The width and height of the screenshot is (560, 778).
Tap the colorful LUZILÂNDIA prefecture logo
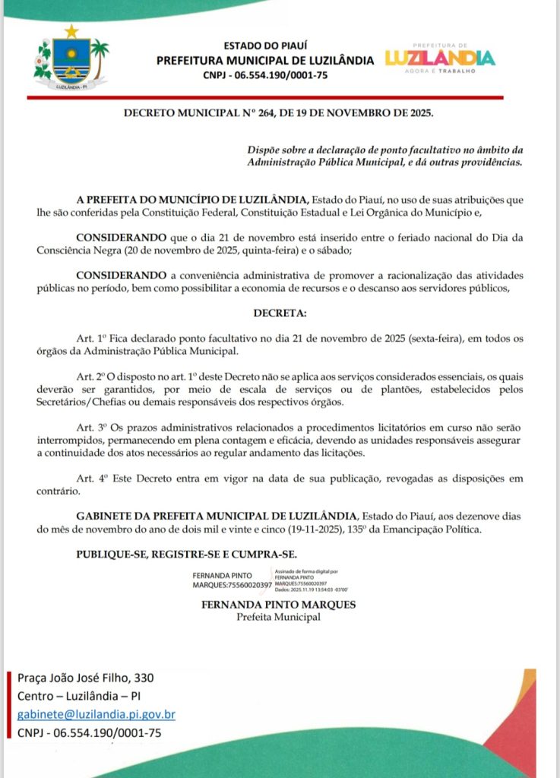(440, 58)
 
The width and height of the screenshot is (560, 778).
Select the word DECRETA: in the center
(280, 312)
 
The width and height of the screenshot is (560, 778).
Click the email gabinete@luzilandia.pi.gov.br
(96, 714)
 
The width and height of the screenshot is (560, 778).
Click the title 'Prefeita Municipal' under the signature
(279, 617)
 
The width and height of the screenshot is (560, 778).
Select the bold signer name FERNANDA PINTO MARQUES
(279, 606)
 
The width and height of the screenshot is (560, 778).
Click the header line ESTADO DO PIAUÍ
(264, 46)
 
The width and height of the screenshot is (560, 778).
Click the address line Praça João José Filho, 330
(90, 677)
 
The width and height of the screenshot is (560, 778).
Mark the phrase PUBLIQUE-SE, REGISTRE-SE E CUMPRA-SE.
(186, 553)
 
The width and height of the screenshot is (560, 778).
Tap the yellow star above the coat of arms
(71, 30)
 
